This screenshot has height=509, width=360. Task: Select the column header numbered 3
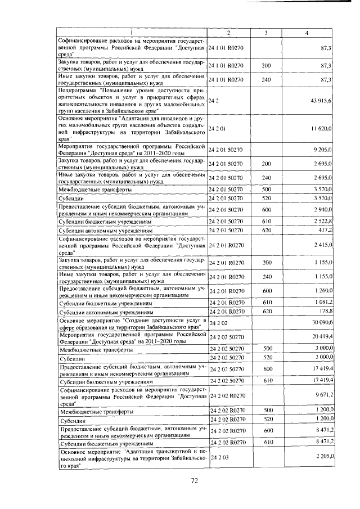265,33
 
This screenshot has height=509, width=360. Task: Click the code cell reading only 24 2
213,100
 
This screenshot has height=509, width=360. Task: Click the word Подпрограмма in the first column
76,89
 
